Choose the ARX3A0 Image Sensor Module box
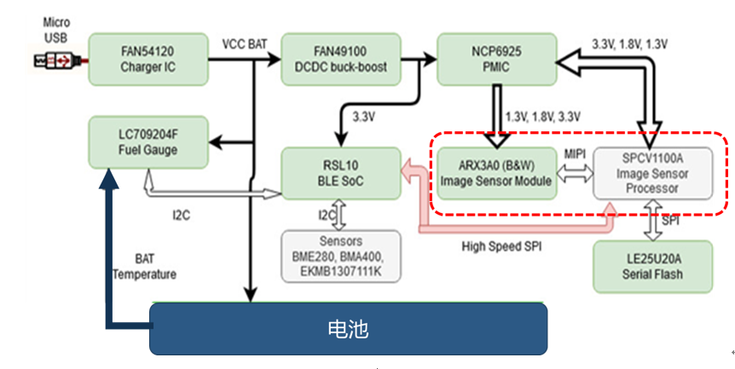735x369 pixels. click(x=496, y=173)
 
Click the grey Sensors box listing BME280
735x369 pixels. click(x=340, y=256)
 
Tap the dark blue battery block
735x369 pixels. click(x=348, y=329)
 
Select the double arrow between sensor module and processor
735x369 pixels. click(x=575, y=173)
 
